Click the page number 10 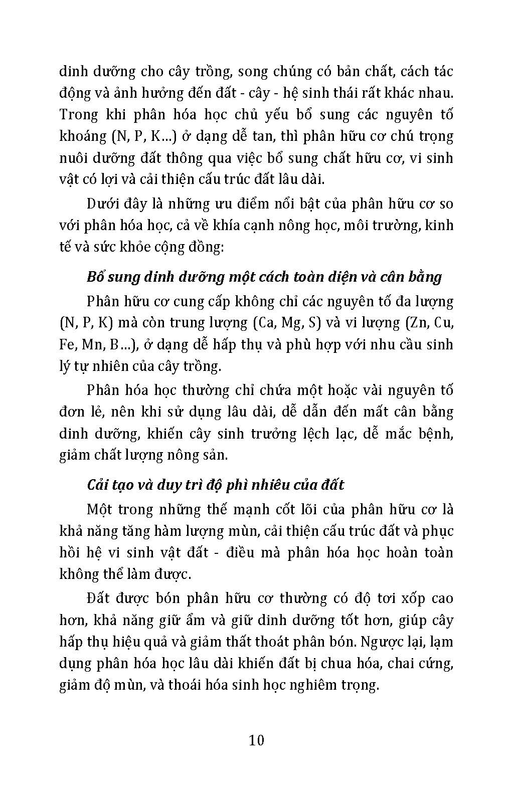tap(256, 740)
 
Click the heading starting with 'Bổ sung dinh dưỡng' tap(264, 277)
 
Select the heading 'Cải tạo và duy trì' tap(216, 485)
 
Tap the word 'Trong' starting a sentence tap(79, 114)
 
